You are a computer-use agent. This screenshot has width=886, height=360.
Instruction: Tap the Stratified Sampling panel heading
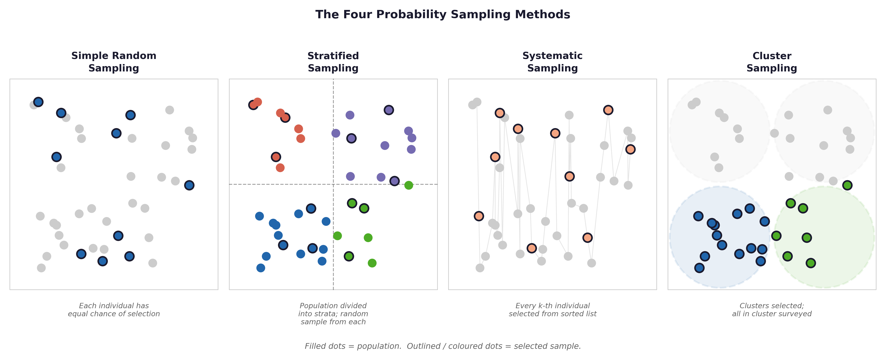pyautogui.click(x=333, y=62)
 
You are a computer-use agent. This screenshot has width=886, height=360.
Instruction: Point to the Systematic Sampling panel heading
pyautogui.click(x=552, y=62)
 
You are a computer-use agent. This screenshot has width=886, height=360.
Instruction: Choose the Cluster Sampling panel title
pyautogui.click(x=772, y=62)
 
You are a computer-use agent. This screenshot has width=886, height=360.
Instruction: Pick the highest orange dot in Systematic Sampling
pyautogui.click(x=608, y=110)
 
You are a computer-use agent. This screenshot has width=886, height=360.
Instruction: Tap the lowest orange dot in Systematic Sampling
pyautogui.click(x=531, y=248)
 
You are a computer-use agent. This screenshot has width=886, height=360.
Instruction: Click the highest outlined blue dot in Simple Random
pyautogui.click(x=38, y=102)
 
